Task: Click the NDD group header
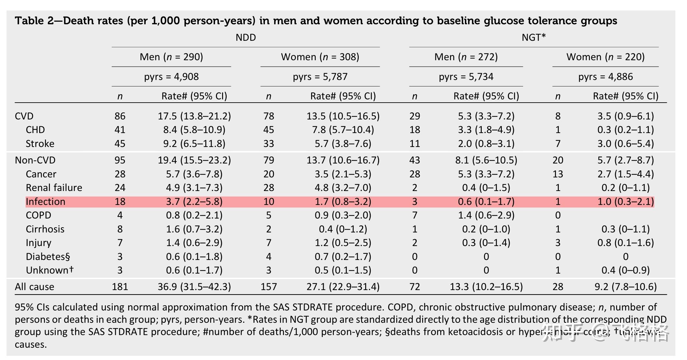click(246, 38)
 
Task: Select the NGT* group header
click(534, 38)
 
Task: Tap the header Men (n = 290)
click(171, 57)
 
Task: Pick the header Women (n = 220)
click(605, 57)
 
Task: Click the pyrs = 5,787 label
click(320, 77)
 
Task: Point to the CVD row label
click(24, 116)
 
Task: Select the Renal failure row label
click(54, 188)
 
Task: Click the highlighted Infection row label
click(45, 202)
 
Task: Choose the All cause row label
click(34, 287)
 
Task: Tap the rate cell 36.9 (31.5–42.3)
click(194, 287)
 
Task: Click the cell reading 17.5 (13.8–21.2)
click(194, 116)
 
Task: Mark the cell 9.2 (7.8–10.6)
click(625, 287)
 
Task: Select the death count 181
click(120, 287)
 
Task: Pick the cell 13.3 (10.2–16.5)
click(486, 287)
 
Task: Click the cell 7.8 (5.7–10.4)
click(343, 130)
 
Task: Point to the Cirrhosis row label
click(45, 229)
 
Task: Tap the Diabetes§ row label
click(48, 257)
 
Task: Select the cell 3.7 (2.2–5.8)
click(194, 202)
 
